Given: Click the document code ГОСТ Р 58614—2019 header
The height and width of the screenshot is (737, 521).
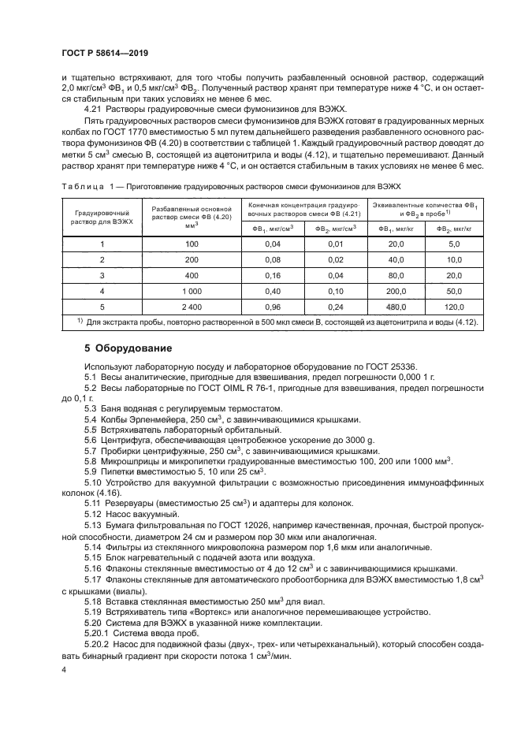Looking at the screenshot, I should tap(106, 52).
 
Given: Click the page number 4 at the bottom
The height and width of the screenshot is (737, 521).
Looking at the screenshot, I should tap(64, 669).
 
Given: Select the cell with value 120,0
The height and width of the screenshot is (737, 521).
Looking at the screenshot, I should tap(453, 307).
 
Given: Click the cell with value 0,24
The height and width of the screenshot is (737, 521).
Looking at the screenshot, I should tap(336, 307).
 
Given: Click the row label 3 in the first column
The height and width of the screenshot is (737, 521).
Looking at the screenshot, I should tap(102, 274).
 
